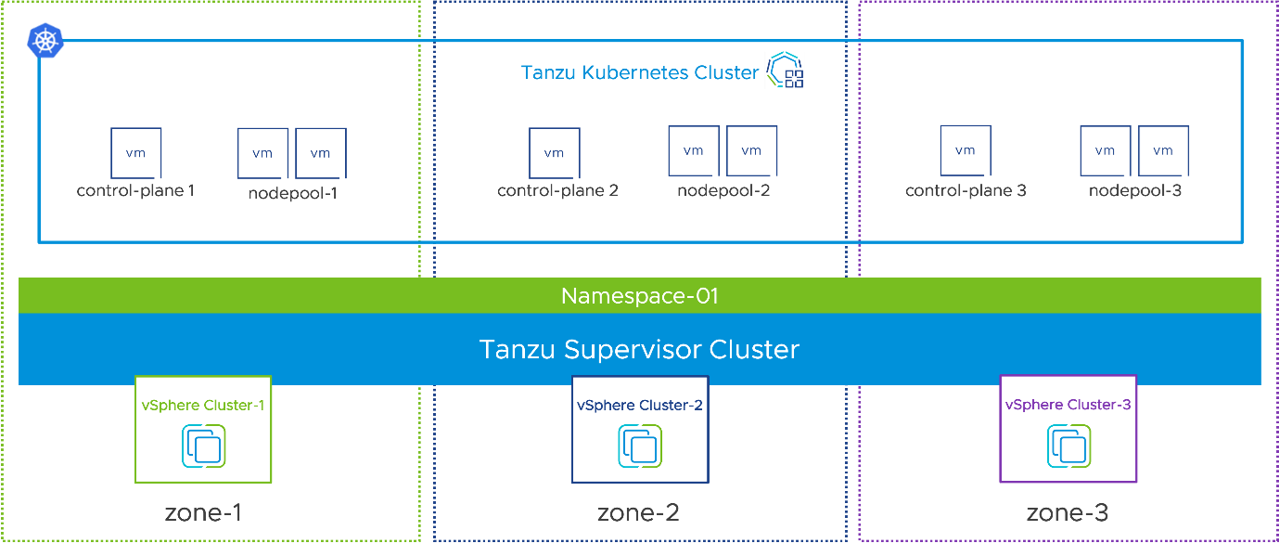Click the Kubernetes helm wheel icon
45,41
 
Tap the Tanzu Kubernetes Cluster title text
640,72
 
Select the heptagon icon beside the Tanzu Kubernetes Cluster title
785,70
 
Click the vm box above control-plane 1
136,153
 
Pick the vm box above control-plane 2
555,153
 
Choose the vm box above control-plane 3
966,151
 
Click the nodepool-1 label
292,193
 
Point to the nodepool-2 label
723,190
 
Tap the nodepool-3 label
1135,190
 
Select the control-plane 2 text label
557,190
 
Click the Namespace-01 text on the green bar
640,296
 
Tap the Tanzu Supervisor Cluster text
640,349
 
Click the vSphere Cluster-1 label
203,406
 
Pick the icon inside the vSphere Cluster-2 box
640,446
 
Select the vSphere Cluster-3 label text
1068,405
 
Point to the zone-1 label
203,512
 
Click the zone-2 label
638,512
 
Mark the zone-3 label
1068,512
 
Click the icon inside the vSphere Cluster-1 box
204,446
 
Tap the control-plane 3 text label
966,190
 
